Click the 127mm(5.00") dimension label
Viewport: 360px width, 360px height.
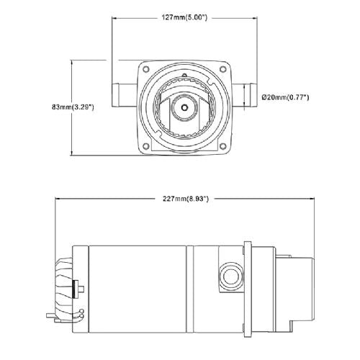[x=184, y=17]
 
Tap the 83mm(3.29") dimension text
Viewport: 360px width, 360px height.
[x=73, y=107]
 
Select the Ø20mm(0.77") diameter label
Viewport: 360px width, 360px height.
[x=285, y=97]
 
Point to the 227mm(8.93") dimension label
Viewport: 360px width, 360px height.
[x=186, y=199]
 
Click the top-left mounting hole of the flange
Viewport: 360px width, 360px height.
[x=145, y=69]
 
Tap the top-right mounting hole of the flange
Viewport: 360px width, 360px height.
[x=223, y=69]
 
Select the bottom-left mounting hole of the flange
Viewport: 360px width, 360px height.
[x=145, y=146]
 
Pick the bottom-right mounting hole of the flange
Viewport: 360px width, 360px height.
[x=223, y=146]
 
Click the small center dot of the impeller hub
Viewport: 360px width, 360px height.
[x=184, y=107]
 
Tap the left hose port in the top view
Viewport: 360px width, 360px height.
[x=125, y=95]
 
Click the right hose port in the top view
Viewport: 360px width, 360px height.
[x=244, y=95]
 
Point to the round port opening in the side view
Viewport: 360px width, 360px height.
[x=230, y=276]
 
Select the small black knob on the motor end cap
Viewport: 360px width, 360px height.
[x=76, y=289]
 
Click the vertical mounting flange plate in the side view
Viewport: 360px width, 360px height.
[x=248, y=289]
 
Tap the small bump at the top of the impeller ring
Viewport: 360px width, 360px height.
[x=184, y=75]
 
